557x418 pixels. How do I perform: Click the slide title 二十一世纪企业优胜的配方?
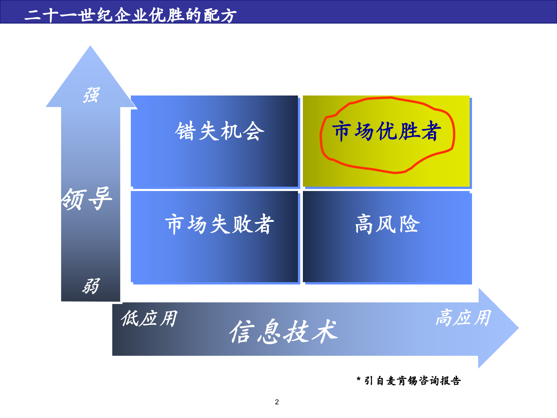point(131,15)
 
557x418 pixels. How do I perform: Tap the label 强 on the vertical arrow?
point(91,95)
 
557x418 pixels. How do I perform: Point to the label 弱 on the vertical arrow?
point(91,286)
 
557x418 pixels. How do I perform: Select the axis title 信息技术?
point(283,331)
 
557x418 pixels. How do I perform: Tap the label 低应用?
point(149,318)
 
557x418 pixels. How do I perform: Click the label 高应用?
point(463,318)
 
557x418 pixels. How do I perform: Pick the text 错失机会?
point(220,131)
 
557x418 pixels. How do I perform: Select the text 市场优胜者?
point(386,131)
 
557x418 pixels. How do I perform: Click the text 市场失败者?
point(220,224)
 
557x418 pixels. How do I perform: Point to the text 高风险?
point(387,224)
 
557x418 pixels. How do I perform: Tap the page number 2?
point(277,402)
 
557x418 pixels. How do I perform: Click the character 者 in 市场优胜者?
point(431,131)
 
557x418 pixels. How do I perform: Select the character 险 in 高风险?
point(409,224)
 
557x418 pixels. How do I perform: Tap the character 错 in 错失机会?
point(185,131)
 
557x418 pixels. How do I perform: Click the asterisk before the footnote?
point(359,379)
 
